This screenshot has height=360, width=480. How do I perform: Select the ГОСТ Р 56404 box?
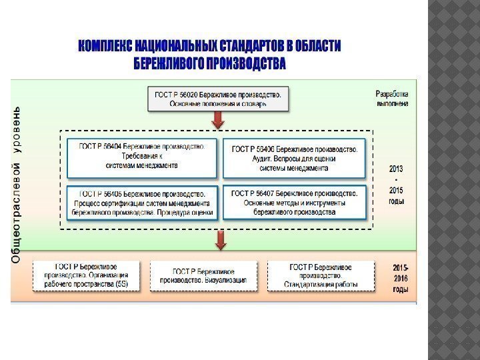(x=141, y=157)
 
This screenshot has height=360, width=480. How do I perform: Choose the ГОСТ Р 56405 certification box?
(x=141, y=203)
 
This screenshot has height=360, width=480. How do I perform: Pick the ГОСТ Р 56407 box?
(x=295, y=203)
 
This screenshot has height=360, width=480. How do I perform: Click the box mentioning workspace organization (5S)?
(x=91, y=275)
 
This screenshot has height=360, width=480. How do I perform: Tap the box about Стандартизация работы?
(x=321, y=275)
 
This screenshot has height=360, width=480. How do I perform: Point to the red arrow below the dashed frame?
(x=218, y=240)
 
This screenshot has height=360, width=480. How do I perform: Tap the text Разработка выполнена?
(x=393, y=99)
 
